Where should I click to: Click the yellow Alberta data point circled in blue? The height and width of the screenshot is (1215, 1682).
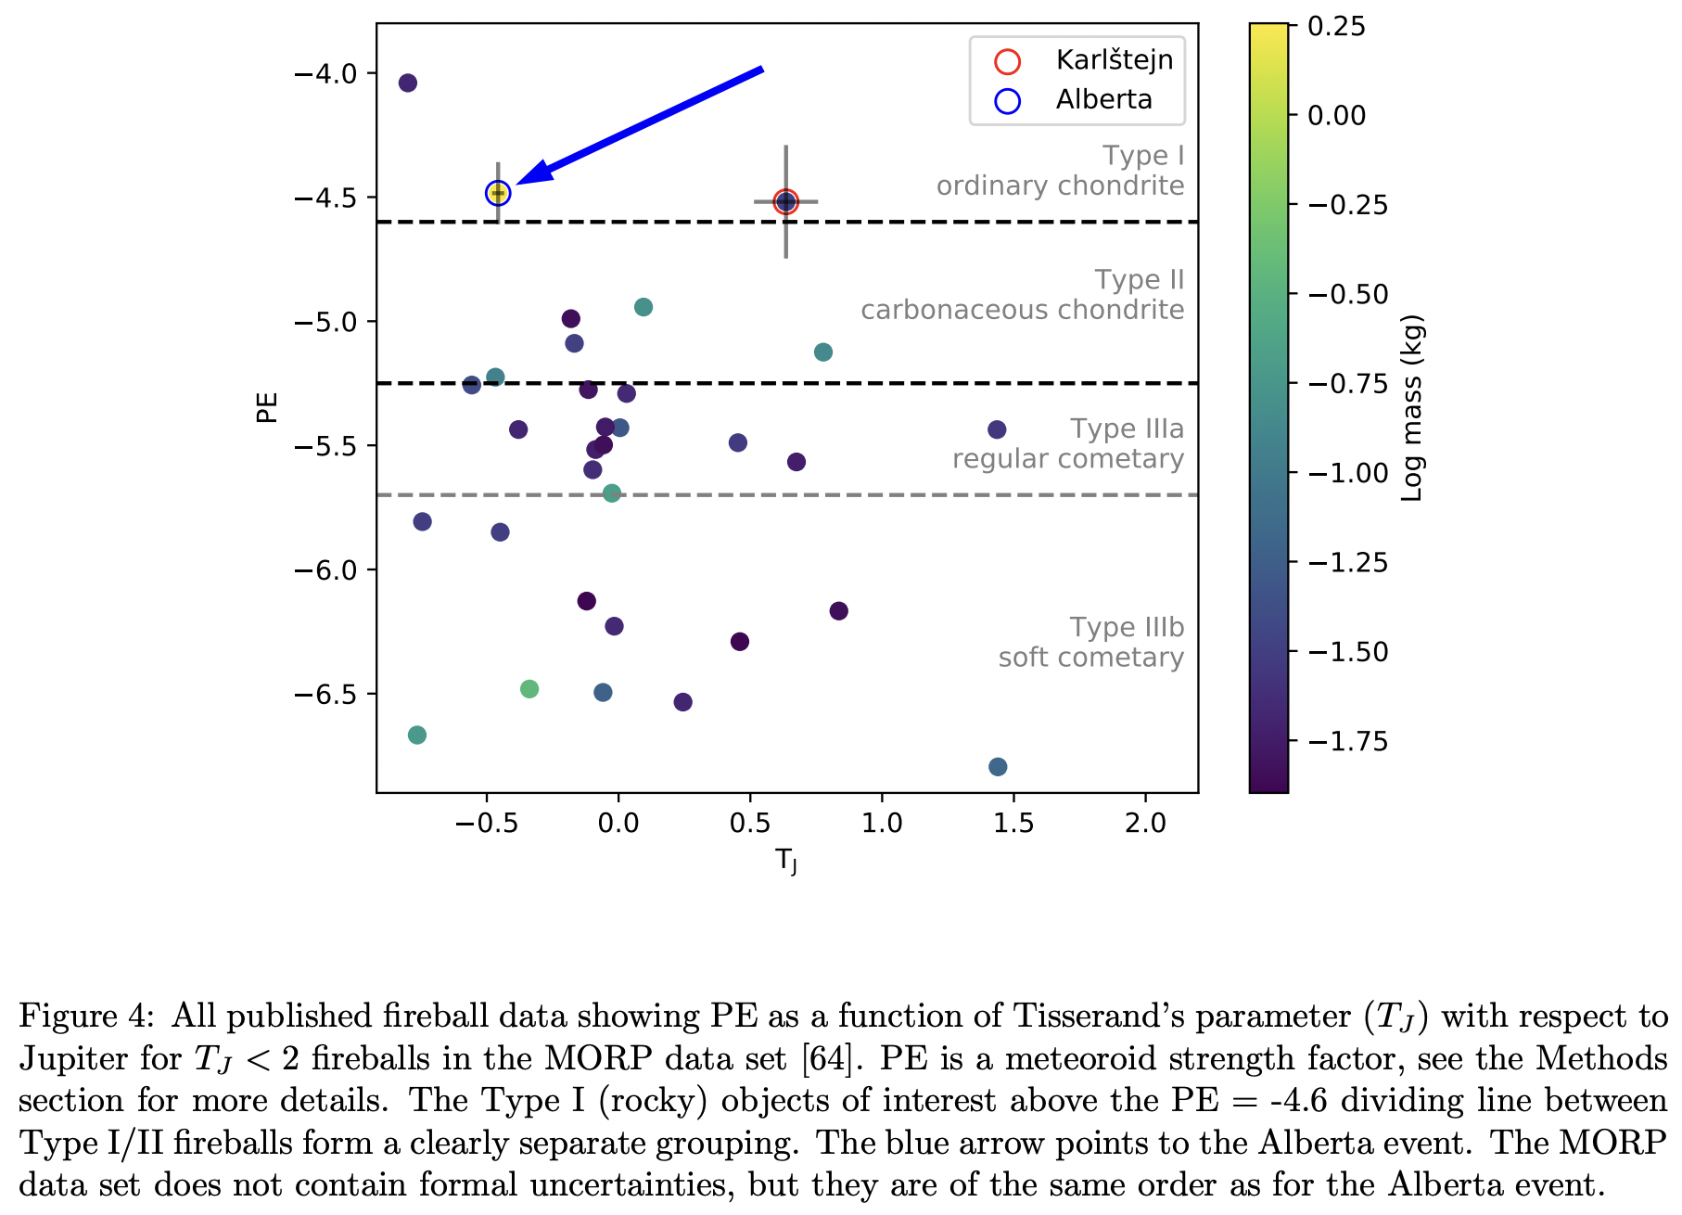point(498,193)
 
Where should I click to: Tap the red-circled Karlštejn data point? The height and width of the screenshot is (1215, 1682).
point(786,201)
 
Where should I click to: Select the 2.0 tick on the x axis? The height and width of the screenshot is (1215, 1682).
point(1145,824)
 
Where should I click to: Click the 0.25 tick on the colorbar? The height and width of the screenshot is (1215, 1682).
point(1336,27)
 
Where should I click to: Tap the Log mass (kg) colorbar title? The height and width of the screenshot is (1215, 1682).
point(1412,409)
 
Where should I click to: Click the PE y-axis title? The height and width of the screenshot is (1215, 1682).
point(267,407)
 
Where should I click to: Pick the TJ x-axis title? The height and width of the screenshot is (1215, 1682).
point(786,862)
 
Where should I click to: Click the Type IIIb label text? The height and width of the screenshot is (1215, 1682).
point(1127,628)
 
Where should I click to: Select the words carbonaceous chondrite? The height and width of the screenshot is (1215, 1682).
point(1022,310)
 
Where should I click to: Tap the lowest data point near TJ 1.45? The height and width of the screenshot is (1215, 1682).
point(998,767)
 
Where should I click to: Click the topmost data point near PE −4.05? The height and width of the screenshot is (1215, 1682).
point(407,83)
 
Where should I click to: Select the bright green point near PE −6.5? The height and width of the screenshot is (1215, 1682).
point(529,689)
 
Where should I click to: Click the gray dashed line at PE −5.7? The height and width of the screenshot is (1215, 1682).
point(927,495)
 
